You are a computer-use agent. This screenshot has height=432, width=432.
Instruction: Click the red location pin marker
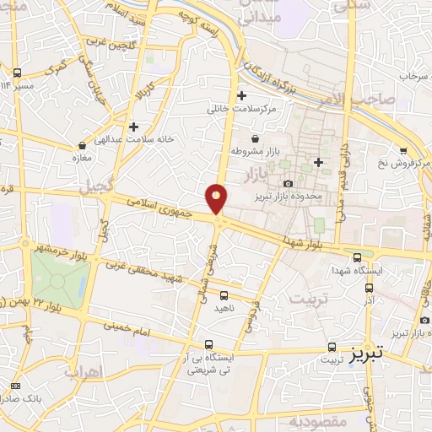tap(217, 198)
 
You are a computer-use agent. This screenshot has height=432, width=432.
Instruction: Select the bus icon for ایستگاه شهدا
tap(358, 256)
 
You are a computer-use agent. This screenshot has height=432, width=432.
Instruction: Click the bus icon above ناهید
tap(224, 296)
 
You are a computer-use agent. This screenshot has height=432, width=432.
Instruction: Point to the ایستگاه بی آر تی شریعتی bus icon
tap(209, 343)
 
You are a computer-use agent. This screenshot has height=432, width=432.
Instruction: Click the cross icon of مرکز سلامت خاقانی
tap(243, 95)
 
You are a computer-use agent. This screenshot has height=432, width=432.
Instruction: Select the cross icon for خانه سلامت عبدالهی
tap(133, 127)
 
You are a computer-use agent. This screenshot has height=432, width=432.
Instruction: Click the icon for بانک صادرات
tap(15, 386)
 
